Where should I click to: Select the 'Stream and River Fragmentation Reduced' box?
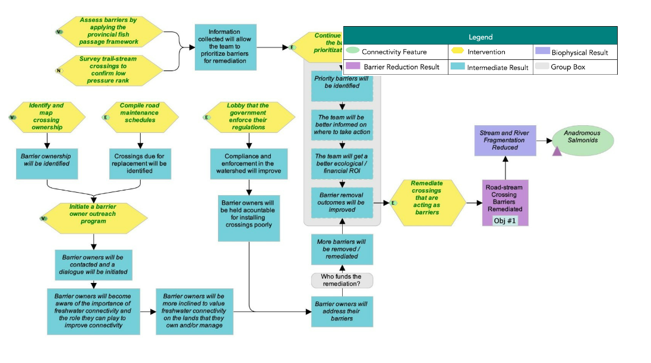click(505, 141)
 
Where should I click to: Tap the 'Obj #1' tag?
click(505, 221)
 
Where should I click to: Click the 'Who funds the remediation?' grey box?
click(342, 281)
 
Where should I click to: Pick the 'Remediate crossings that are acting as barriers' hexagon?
click(426, 202)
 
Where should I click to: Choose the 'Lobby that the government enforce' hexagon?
click(249, 117)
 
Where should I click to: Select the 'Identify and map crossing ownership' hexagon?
click(46, 117)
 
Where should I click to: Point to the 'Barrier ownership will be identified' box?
click(46, 164)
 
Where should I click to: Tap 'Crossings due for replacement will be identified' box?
click(140, 164)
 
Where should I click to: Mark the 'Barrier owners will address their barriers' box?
click(342, 311)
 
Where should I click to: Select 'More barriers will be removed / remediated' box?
click(342, 249)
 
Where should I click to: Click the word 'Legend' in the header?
click(480, 36)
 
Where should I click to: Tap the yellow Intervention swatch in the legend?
click(459, 52)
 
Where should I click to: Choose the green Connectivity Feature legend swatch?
click(353, 52)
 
